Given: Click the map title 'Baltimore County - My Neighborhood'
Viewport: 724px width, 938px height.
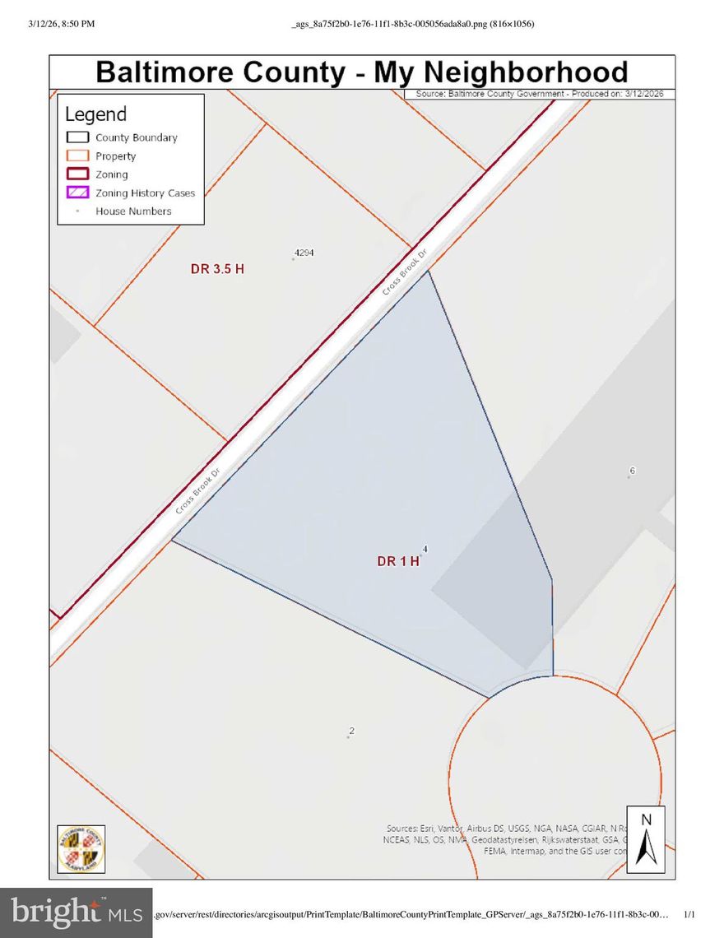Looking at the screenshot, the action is pos(362,72).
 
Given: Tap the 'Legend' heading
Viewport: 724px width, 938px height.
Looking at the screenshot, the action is pos(96,114).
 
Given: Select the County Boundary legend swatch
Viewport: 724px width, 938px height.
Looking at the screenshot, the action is pos(77,137).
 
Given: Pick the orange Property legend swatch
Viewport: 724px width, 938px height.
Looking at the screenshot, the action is pos(77,156).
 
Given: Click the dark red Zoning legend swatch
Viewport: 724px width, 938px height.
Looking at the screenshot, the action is pos(77,174).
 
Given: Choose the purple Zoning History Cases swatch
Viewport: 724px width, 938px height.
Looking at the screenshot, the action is pos(77,193).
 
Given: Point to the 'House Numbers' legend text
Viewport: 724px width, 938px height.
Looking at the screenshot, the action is pos(133,211).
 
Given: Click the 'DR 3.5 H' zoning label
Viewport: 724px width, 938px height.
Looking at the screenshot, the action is pos(217,269).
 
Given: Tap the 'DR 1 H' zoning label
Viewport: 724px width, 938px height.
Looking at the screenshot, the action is pos(398,561).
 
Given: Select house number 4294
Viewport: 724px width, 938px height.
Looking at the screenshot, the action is pos(304,253).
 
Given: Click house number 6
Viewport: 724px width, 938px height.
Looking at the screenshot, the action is pos(632,471).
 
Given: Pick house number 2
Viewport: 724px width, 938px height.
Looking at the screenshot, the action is pos(351,731).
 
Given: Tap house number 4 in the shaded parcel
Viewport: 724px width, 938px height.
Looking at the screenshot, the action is pos(425,549).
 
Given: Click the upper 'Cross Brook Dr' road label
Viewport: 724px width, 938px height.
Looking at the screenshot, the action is pos(406,275).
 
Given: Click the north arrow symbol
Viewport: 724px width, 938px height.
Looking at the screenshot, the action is pos(646,839).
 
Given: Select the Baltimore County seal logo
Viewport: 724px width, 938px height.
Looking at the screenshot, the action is pos(81,848).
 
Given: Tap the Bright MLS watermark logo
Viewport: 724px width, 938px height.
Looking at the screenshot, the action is pos(76,912).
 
